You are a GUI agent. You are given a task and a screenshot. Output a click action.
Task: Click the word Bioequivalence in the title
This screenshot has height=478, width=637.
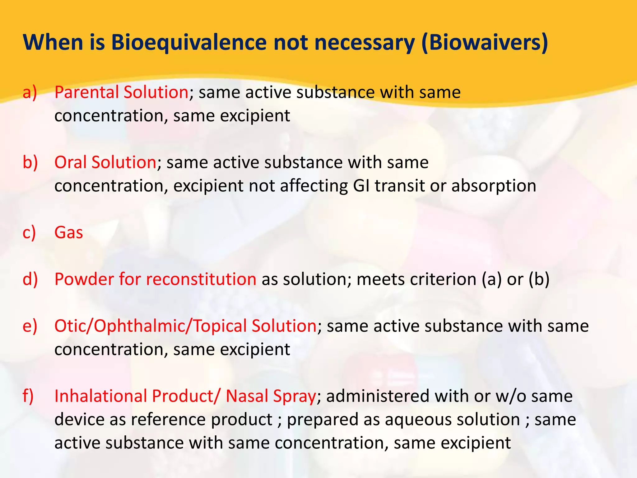coord(188,42)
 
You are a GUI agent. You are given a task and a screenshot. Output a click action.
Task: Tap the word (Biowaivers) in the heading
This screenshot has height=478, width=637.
coord(484,42)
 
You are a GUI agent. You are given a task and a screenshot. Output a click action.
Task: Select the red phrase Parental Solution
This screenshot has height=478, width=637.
coord(121,92)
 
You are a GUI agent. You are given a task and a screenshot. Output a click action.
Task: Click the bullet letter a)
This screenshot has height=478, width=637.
coord(30,92)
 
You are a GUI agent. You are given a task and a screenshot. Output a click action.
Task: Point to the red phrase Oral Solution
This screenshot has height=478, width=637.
coord(105,162)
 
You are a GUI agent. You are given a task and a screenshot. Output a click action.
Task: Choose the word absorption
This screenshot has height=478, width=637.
coord(494,186)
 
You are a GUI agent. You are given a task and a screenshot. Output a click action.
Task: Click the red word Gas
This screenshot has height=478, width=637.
coord(68,232)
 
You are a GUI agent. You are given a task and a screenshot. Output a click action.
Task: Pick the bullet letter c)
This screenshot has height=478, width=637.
coord(30,232)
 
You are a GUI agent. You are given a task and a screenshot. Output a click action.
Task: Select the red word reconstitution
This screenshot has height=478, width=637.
coord(201,279)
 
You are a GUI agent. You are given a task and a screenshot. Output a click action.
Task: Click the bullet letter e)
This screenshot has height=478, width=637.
coord(30,326)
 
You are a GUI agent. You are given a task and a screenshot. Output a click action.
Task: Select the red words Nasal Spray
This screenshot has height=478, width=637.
coord(271,396)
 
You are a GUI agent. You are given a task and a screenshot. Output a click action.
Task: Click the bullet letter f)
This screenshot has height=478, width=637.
coord(28,396)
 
